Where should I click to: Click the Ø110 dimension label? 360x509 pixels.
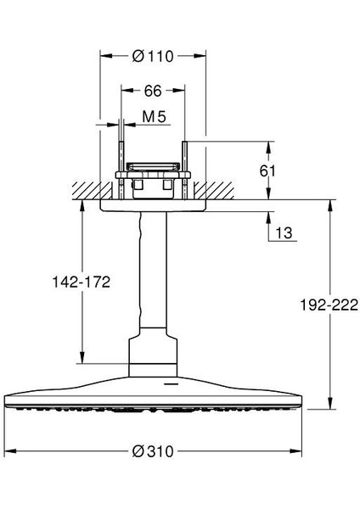[154, 57]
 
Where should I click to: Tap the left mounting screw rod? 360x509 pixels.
[124, 161]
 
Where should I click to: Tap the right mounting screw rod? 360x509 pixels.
[183, 161]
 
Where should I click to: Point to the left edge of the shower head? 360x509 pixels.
[8, 397]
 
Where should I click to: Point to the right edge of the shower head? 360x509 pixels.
[299, 397]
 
